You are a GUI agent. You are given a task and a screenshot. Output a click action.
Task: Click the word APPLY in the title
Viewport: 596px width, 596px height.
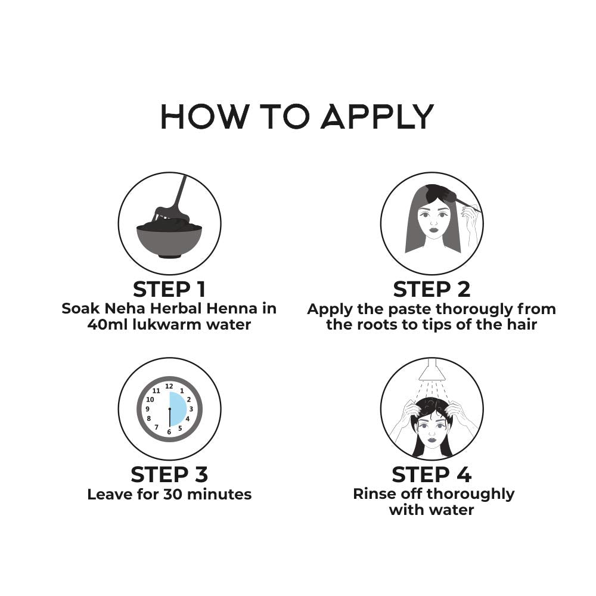(377, 116)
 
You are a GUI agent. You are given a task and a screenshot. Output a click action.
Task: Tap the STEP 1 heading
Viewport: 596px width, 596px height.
(169, 290)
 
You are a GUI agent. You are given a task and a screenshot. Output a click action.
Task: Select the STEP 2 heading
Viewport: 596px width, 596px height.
(432, 290)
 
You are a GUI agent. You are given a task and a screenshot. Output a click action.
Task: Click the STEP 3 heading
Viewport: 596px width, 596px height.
(169, 475)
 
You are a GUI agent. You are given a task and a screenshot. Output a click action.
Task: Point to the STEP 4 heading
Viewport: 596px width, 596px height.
(432, 475)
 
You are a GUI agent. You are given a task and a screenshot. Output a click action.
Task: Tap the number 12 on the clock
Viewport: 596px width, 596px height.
(169, 386)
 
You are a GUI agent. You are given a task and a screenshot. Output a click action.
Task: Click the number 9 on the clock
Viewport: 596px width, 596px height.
(147, 409)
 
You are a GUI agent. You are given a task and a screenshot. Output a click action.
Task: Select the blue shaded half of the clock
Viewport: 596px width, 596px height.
(178, 409)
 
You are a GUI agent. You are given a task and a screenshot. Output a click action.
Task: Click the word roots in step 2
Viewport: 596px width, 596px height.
(375, 325)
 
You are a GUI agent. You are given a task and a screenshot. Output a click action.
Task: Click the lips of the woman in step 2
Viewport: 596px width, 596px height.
(433, 230)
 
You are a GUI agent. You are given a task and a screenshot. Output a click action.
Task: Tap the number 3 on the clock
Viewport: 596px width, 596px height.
(191, 409)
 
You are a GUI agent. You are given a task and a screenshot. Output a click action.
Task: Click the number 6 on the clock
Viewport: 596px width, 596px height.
(169, 432)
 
